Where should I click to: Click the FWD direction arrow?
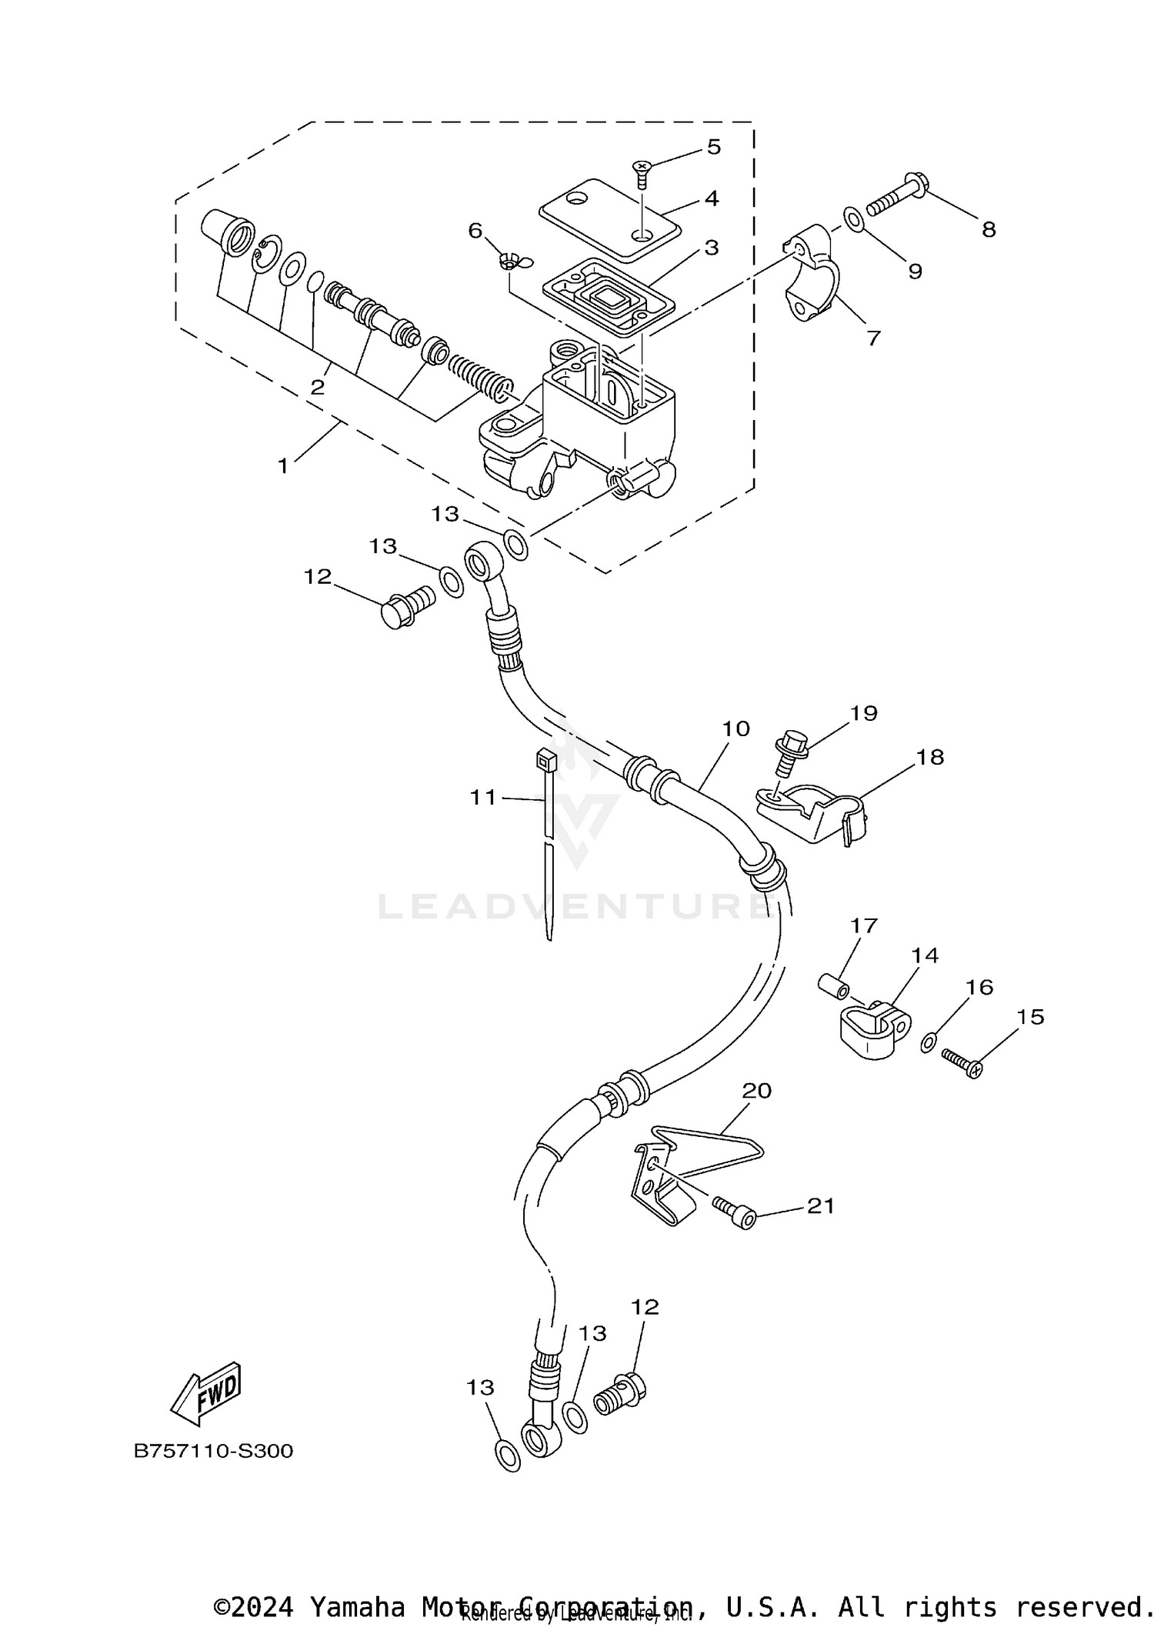coord(205,1395)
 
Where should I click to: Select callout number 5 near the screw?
coord(713,147)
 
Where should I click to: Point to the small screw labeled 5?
coord(641,173)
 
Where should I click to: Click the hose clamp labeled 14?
coord(874,1028)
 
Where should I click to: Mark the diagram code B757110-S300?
coord(213,1452)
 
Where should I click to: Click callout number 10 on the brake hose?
coord(735,728)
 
